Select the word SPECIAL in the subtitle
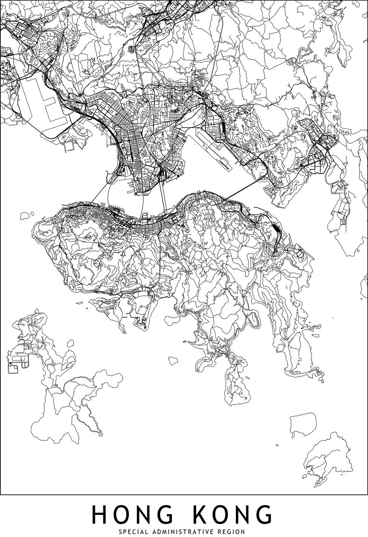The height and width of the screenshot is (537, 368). pos(133,532)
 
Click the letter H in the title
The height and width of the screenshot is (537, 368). pos(100,515)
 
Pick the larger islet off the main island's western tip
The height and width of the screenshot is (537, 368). pos(26,216)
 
